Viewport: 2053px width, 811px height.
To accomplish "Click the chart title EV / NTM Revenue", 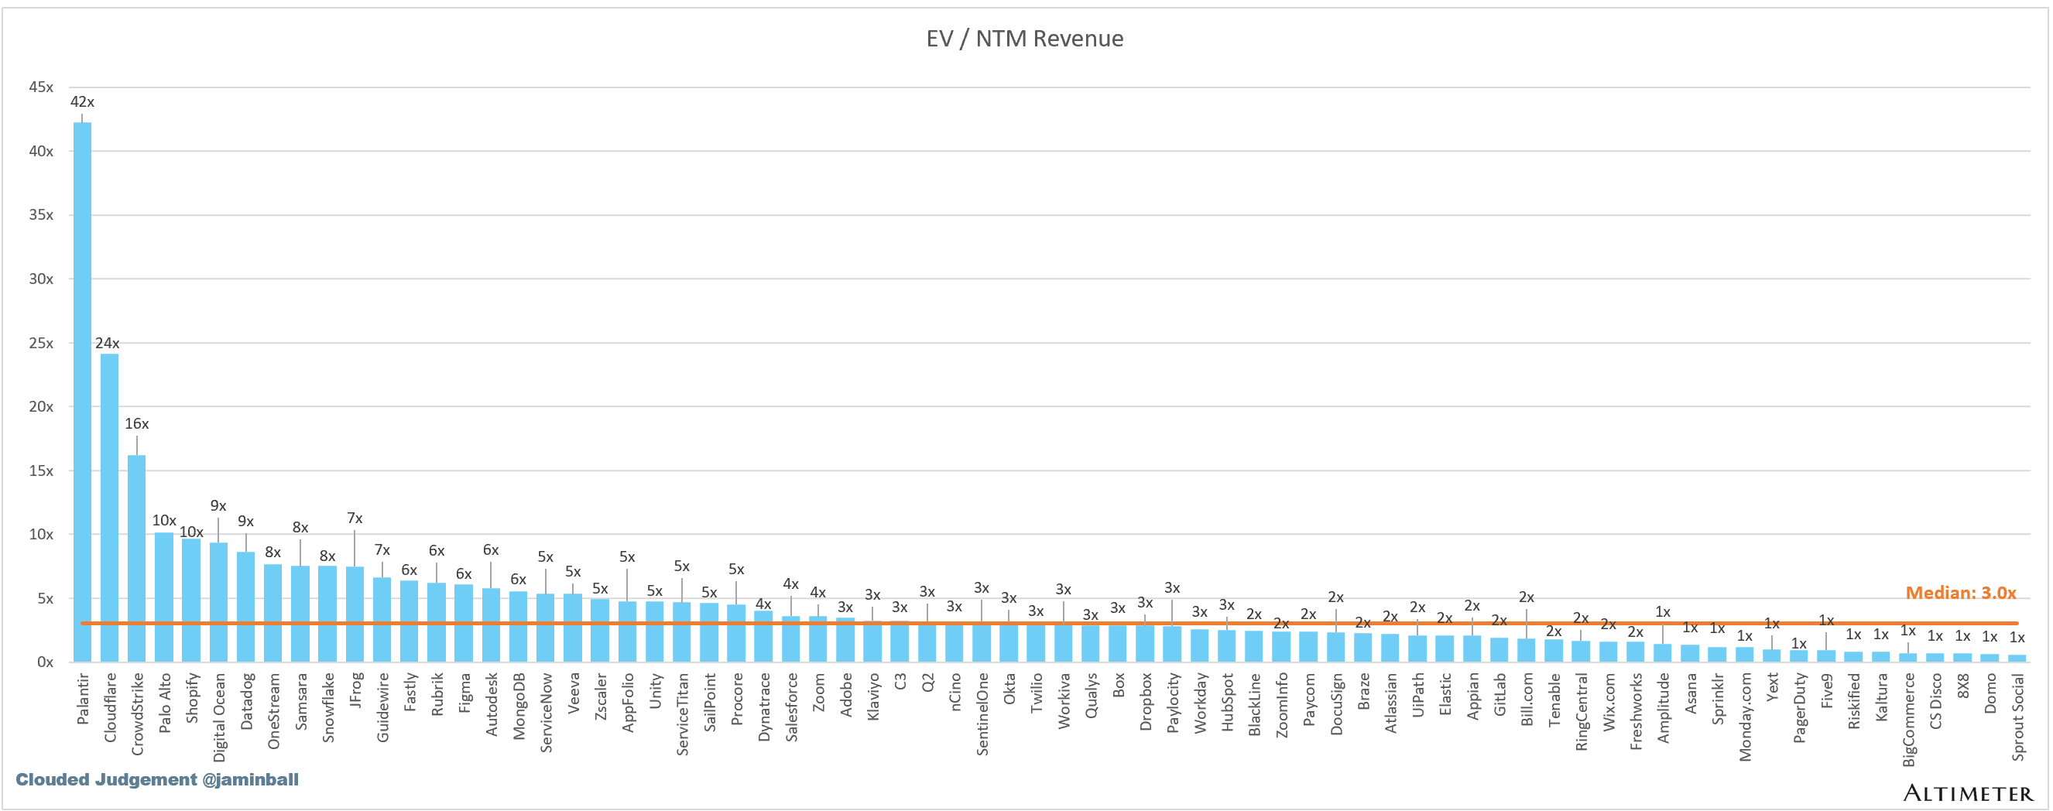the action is [x=1024, y=38].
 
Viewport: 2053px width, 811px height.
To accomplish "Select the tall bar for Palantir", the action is [x=82, y=392].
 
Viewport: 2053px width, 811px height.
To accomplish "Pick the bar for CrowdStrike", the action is [x=136, y=559].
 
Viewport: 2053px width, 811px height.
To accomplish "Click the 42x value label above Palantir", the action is [x=82, y=102].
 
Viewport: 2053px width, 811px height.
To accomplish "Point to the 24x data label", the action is [x=108, y=344].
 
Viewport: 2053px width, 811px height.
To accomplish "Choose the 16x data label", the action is [x=136, y=424].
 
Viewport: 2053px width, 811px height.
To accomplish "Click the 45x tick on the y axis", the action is [x=41, y=87].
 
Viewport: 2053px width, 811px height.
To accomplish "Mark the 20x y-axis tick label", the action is [x=41, y=406].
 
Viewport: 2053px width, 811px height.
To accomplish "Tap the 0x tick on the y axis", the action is [x=45, y=662].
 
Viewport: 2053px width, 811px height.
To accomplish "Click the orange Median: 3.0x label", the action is [x=1961, y=593].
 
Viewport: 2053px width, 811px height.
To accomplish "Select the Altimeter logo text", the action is [x=1968, y=792].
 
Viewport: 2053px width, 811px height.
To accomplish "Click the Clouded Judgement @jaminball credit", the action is [x=157, y=779].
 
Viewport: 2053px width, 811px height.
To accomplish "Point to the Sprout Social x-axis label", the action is [x=2017, y=717].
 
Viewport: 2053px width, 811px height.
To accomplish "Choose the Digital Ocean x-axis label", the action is [x=219, y=717].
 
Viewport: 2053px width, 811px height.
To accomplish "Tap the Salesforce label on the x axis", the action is [x=791, y=707].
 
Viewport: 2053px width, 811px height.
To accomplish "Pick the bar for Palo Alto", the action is [x=164, y=597].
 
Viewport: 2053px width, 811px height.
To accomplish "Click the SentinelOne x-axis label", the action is [x=982, y=713].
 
